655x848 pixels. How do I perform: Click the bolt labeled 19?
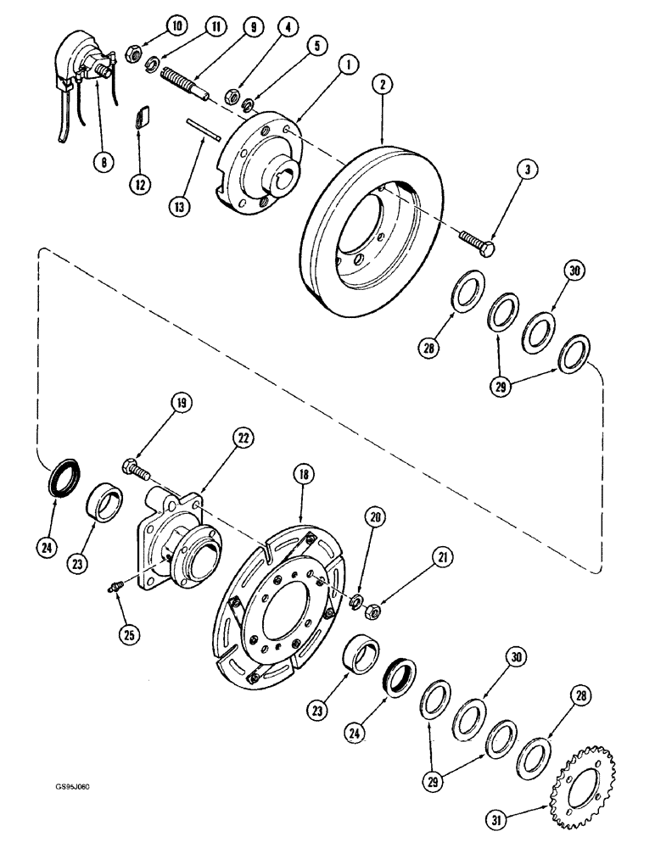point(137,466)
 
